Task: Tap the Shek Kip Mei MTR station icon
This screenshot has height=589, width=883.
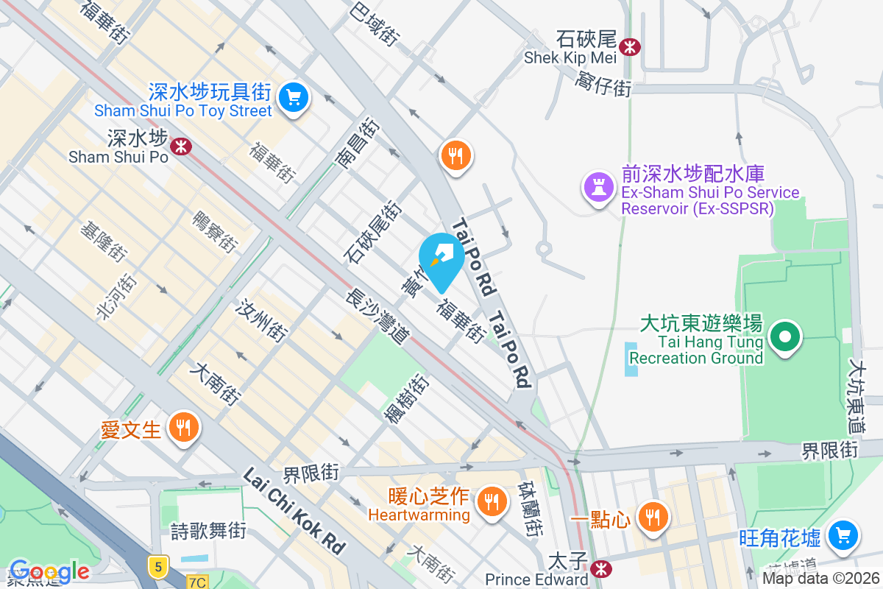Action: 629,47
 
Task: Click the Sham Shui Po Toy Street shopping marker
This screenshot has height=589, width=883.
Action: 294,96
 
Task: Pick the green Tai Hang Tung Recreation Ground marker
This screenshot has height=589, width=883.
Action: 785,337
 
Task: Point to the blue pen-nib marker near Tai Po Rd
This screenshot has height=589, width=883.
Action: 441,258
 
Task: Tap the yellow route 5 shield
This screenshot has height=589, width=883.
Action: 157,566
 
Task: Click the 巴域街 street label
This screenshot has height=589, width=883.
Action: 375,24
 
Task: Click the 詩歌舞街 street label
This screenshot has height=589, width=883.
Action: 208,530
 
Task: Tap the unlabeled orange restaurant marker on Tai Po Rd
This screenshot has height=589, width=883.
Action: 456,155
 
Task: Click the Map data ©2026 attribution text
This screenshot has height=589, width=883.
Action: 820,579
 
